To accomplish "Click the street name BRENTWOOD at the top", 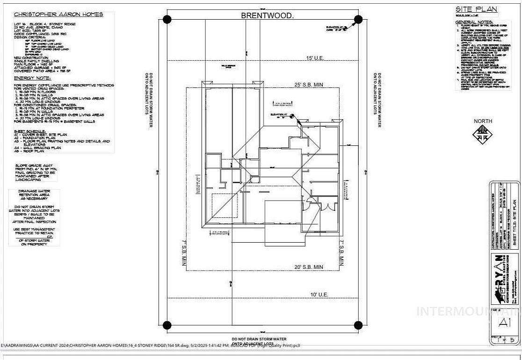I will click(x=267, y=15).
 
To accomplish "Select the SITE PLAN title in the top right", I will click(x=476, y=9).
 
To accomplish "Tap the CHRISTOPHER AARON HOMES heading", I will click(x=58, y=14).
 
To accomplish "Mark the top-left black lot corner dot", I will click(x=167, y=19).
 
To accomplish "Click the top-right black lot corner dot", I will click(x=358, y=19).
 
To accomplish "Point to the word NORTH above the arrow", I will click(x=483, y=121).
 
